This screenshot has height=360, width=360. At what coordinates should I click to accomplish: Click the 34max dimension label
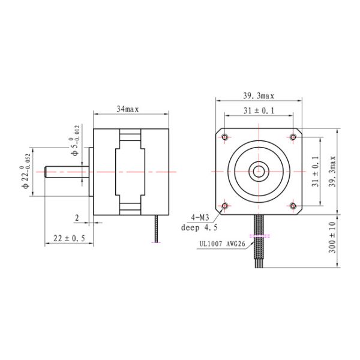tap(127, 109)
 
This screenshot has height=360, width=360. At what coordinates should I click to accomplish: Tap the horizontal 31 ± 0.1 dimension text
tap(259, 111)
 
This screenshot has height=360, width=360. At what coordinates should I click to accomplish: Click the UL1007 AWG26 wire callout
tap(221, 244)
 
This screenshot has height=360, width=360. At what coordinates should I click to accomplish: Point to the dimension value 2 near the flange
tap(78, 217)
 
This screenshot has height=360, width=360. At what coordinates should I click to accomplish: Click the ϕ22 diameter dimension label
tap(25, 170)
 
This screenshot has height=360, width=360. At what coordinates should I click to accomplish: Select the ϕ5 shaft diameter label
tap(73, 148)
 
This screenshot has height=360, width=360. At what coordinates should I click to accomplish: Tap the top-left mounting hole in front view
tap(224, 137)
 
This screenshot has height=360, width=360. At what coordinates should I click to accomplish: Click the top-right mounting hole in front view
tap(293, 137)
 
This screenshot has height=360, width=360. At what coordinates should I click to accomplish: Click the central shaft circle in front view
tap(259, 171)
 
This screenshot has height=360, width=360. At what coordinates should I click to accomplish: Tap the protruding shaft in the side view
tap(63, 171)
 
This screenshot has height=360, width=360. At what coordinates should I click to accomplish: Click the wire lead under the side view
tap(157, 230)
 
